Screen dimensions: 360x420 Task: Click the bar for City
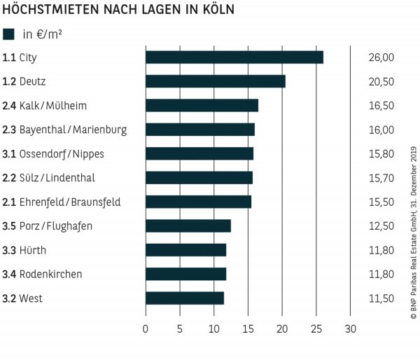(234, 57)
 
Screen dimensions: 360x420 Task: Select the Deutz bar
(216, 81)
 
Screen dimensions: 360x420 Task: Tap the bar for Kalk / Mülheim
(202, 106)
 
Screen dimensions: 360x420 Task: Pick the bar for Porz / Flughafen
(188, 226)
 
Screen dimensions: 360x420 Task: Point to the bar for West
(185, 298)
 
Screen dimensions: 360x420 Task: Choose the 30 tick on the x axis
(351, 328)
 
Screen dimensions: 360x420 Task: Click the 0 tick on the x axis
(146, 328)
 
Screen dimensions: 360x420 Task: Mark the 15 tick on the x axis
(248, 328)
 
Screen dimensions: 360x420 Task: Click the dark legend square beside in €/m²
(9, 34)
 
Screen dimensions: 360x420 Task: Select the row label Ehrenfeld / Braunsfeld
(70, 202)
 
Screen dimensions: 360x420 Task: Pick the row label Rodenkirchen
(50, 275)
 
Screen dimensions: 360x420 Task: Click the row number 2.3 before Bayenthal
(9, 130)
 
